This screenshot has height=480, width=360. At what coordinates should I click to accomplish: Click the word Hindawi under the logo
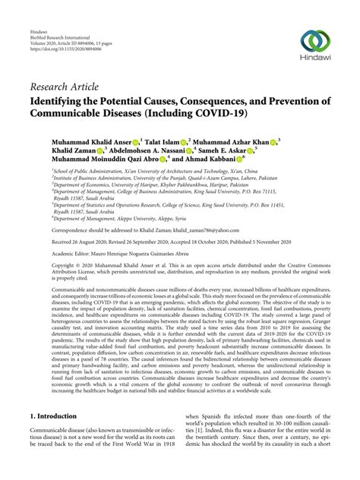click(315, 63)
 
